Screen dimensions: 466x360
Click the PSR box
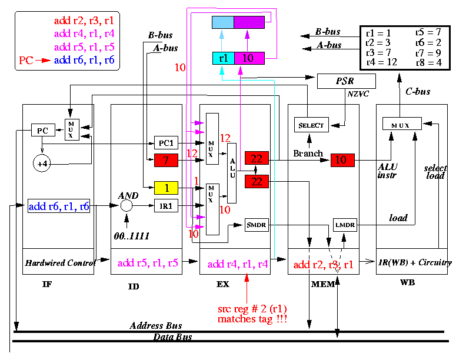point(346,81)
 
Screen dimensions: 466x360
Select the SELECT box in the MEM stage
point(311,125)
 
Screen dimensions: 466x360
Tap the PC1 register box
point(166,143)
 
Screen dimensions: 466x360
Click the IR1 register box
point(166,205)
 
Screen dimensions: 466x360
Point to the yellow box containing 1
point(166,188)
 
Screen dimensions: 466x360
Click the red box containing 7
point(166,160)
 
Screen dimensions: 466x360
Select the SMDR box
point(257,225)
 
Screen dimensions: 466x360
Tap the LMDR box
point(345,225)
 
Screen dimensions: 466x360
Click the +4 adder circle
point(42,164)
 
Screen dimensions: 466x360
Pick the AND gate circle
point(127,205)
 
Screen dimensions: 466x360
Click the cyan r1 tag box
point(224,58)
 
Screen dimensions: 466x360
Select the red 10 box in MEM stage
point(342,160)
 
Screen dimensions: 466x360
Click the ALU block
point(232,173)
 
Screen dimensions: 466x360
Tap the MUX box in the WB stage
point(402,124)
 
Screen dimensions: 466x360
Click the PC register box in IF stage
point(43,130)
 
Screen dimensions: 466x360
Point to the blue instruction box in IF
point(59,206)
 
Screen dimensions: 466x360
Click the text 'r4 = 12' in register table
point(382,62)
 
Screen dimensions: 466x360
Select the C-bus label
point(418,92)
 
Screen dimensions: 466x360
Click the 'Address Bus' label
point(156,325)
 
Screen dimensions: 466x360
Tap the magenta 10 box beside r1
point(249,58)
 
